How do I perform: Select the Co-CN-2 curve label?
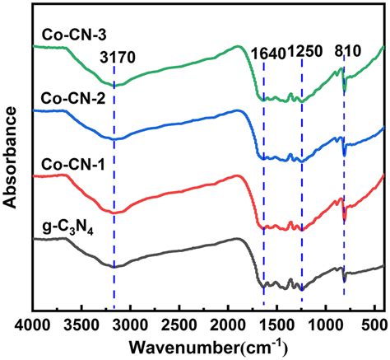coord(67,99)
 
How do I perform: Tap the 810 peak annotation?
coord(347,52)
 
